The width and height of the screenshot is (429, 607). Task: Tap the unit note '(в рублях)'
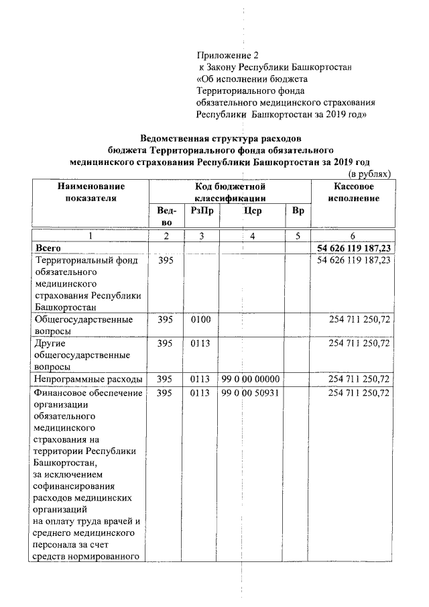pyautogui.click(x=367, y=174)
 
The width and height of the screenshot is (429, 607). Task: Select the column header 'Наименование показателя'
pyautogui.click(x=91, y=192)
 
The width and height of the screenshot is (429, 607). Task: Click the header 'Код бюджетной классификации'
pyautogui.click(x=230, y=192)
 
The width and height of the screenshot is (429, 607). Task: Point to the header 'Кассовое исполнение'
pyautogui.click(x=353, y=192)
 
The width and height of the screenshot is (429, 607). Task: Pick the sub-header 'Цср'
pyautogui.click(x=253, y=211)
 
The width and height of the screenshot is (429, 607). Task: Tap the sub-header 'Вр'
pyautogui.click(x=298, y=211)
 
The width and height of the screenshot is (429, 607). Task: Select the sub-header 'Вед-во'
pyautogui.click(x=166, y=216)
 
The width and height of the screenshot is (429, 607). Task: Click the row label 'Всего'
pyautogui.click(x=48, y=248)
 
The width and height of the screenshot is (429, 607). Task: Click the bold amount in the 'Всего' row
pyautogui.click(x=353, y=248)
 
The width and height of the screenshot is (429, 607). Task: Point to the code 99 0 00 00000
pyautogui.click(x=250, y=380)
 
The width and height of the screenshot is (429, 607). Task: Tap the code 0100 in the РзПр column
pyautogui.click(x=200, y=320)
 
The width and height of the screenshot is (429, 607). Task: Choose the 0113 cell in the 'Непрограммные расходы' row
pyautogui.click(x=200, y=380)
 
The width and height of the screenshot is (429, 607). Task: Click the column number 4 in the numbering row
pyautogui.click(x=252, y=236)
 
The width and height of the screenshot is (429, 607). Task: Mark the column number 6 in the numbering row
pyautogui.click(x=353, y=236)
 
